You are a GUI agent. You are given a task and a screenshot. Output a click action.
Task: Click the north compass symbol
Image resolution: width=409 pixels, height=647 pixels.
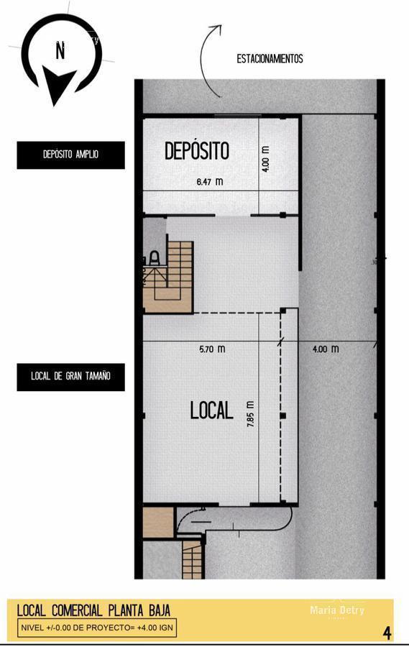(x=60, y=57)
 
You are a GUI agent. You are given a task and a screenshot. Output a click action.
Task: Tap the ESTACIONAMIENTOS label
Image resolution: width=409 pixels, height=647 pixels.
(x=270, y=59)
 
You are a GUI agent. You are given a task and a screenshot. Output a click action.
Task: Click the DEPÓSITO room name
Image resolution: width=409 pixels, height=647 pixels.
(x=197, y=151)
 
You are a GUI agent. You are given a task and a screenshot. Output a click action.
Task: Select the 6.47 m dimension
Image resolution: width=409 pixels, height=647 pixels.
(x=209, y=182)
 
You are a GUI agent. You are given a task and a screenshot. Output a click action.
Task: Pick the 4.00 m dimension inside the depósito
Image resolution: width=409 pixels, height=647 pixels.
(x=266, y=159)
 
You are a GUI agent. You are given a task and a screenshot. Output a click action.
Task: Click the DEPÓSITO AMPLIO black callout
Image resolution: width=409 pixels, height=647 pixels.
(x=70, y=155)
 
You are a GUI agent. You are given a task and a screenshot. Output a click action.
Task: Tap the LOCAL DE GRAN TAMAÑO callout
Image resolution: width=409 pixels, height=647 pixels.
(x=70, y=377)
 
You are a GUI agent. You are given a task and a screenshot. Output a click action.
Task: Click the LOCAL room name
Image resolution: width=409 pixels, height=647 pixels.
(x=211, y=410)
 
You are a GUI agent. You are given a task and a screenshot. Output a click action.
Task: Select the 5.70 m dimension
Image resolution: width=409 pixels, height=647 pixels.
(x=212, y=349)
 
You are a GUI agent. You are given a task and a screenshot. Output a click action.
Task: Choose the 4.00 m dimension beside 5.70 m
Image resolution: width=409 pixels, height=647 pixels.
(x=325, y=349)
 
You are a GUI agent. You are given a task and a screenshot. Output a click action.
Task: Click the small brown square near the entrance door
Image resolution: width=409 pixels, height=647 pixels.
(x=158, y=522)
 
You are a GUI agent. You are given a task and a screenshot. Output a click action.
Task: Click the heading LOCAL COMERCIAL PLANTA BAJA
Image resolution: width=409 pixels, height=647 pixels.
(x=93, y=611)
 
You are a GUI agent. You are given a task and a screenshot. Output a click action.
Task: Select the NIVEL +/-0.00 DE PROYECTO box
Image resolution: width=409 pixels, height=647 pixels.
(x=96, y=628)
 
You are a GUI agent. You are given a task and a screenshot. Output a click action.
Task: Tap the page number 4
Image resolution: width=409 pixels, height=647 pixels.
(x=387, y=633)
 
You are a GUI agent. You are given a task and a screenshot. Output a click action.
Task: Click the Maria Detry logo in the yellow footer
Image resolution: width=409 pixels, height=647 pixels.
(x=336, y=611)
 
